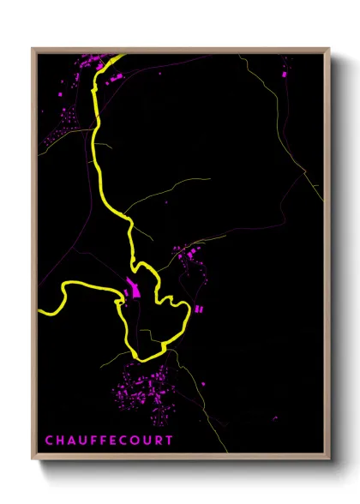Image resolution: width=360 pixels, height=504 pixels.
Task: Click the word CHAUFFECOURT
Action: point(109,441)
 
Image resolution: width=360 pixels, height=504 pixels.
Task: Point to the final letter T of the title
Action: point(170,441)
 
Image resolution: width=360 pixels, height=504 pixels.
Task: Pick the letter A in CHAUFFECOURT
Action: point(72,441)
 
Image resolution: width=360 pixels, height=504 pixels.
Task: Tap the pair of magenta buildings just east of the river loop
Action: point(201,308)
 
